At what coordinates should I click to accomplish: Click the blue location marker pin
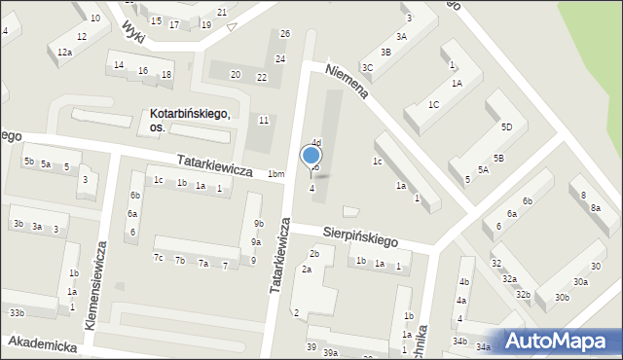coord(311,156)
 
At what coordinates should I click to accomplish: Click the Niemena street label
coord(349,90)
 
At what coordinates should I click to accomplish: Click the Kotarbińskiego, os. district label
coord(189,115)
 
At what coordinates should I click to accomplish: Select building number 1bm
coord(276,174)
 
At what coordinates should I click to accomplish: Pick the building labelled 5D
coord(506,127)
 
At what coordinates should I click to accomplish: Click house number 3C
coord(367,67)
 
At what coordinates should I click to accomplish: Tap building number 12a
coord(64,52)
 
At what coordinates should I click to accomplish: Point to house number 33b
coord(17,312)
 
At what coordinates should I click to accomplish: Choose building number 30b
coord(562,297)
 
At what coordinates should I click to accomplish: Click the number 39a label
coord(330,353)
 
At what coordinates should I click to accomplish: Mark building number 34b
coord(459,342)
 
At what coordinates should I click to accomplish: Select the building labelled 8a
coord(595,208)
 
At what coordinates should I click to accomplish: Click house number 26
coord(284,34)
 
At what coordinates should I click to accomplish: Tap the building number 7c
coord(158,258)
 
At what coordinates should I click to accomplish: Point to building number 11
coord(264,120)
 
